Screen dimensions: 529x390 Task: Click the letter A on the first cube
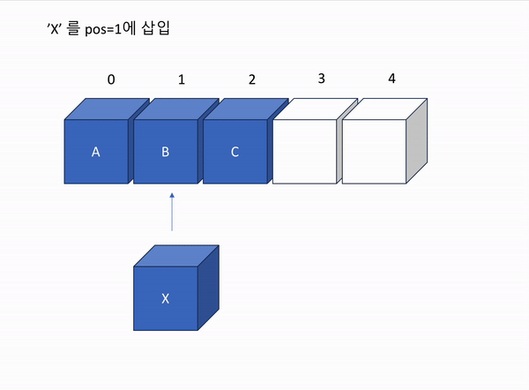coord(96,152)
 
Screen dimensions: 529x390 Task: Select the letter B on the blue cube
coord(166,152)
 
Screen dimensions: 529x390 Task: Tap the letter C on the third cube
coord(235,152)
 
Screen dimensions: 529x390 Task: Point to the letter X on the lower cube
coord(166,298)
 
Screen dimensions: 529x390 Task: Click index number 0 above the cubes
coord(111,79)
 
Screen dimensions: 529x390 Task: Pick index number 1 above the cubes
coord(182,79)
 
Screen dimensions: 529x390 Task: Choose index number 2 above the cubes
coord(252,79)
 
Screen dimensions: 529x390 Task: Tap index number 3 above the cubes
coord(322,79)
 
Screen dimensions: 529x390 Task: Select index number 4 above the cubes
coord(391,79)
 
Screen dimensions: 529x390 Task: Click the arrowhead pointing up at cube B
coord(172,195)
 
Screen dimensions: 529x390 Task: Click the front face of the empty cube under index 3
coord(305,152)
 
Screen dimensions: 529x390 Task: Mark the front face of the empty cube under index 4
coord(374,152)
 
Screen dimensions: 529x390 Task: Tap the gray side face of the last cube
coord(417,141)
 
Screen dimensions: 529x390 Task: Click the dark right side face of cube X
coord(208,288)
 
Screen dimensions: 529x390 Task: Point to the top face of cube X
coord(176,256)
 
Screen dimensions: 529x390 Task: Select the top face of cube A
coord(107,109)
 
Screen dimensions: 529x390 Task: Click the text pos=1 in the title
coord(103,29)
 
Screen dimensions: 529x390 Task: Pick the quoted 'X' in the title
coord(54,29)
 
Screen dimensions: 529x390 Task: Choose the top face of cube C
coord(246,109)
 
